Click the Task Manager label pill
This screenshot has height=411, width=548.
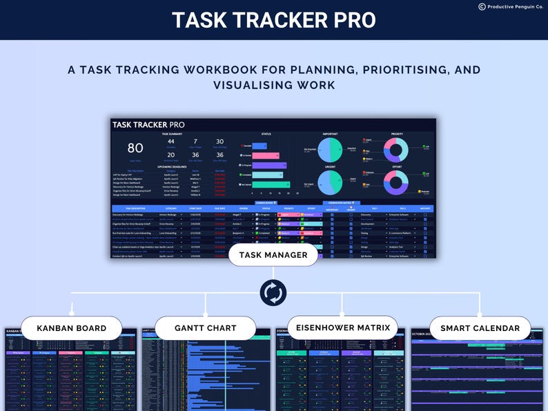(273, 255)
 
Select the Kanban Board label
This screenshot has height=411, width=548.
(71, 328)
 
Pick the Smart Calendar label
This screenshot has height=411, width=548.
(480, 328)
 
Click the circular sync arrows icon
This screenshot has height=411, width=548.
(273, 292)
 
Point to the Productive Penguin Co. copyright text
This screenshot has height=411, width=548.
(511, 7)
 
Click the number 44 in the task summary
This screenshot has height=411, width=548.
(170, 141)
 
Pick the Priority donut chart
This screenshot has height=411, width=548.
(396, 150)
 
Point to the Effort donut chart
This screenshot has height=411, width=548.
(396, 182)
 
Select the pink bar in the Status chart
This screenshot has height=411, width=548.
(265, 156)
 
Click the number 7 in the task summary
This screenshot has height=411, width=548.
(195, 141)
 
